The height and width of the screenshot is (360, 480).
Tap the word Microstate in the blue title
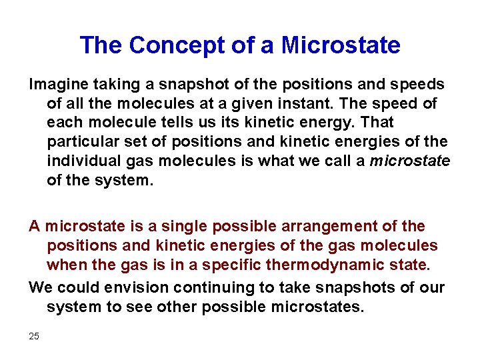[x=341, y=45]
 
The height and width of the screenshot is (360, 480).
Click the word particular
[x=78, y=142]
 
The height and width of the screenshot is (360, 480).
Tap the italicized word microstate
[x=410, y=161]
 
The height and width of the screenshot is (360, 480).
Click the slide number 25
[x=34, y=336]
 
